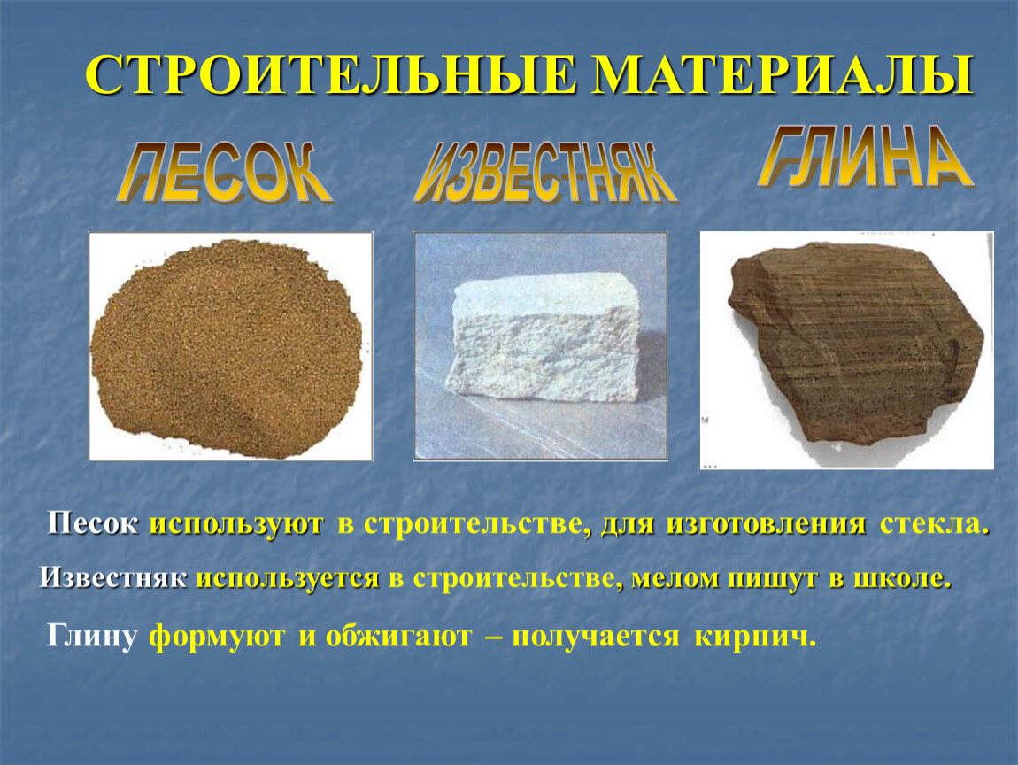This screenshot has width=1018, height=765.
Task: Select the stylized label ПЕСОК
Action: click(x=225, y=173)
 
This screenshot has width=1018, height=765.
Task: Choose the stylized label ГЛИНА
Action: click(x=866, y=157)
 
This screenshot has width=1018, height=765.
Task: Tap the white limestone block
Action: click(x=544, y=337)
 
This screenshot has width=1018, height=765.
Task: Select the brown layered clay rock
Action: click(x=856, y=344)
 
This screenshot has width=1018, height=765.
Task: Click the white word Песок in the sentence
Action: click(x=92, y=523)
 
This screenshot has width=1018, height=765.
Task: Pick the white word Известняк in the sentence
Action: click(x=113, y=577)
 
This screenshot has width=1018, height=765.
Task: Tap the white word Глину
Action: click(x=91, y=637)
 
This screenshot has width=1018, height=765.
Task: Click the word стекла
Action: click(x=935, y=524)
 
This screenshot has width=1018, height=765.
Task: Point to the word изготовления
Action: click(x=766, y=525)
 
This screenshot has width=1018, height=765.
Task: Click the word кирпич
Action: click(x=755, y=637)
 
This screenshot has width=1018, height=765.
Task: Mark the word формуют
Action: click(x=217, y=637)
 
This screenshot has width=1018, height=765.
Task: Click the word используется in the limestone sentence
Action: click(x=288, y=579)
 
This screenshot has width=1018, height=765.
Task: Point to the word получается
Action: click(x=596, y=637)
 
